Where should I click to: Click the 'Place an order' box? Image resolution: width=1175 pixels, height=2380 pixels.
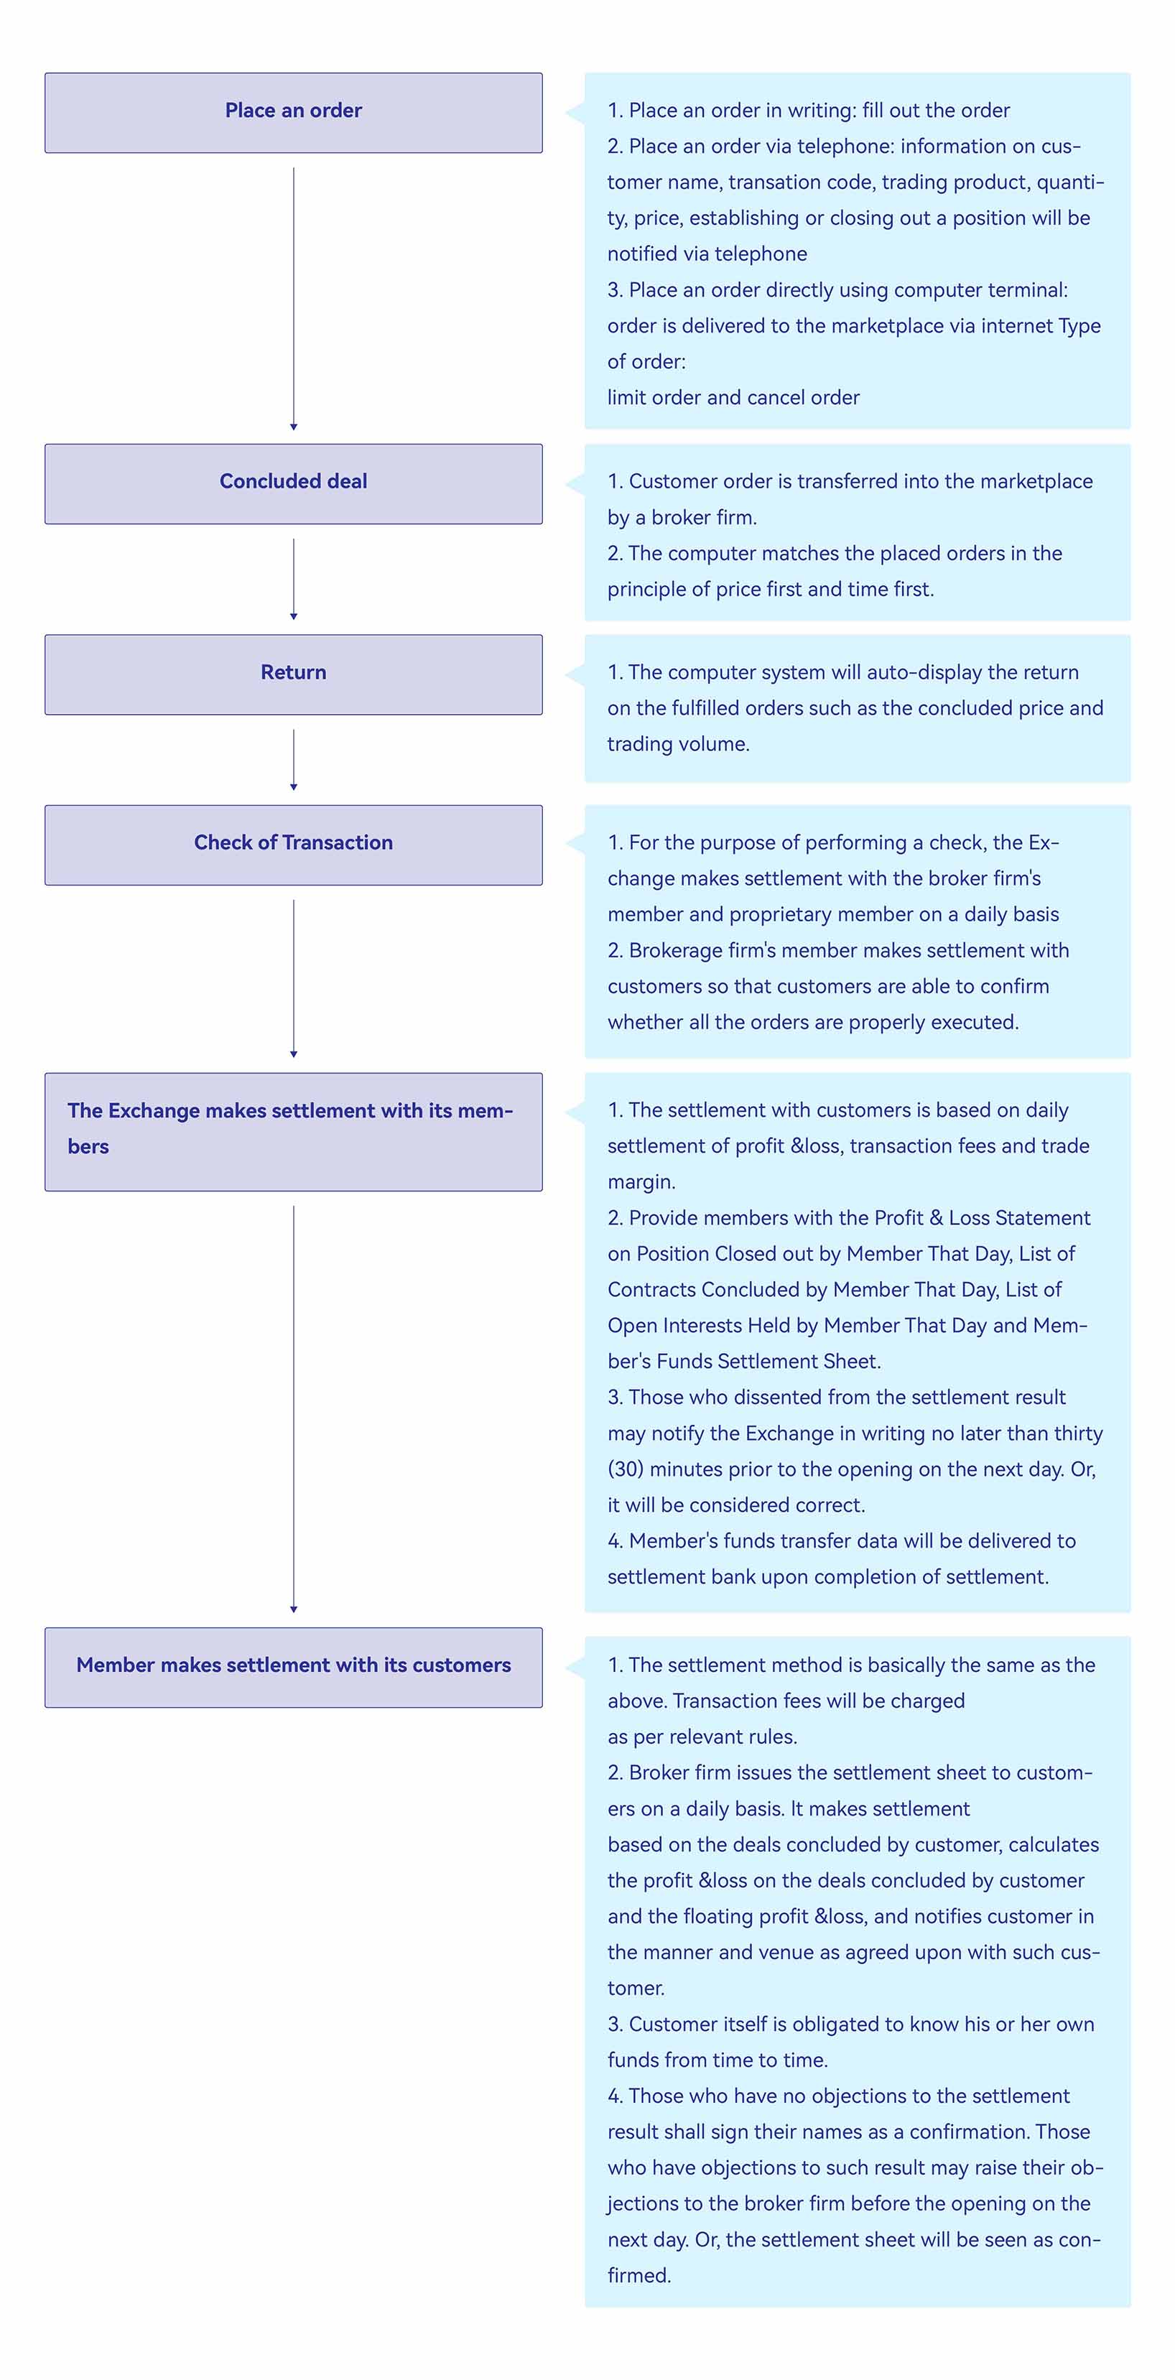click(293, 113)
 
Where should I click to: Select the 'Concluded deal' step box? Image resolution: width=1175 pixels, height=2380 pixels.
click(293, 484)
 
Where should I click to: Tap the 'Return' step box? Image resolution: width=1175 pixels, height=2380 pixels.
click(293, 674)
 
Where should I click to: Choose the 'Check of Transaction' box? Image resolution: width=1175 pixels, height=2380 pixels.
click(293, 845)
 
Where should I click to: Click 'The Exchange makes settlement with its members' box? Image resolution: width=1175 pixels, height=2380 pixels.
click(293, 1132)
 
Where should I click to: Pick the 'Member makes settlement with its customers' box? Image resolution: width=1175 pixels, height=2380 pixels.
click(293, 1668)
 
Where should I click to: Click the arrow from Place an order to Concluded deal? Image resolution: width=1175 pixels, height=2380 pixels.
click(294, 299)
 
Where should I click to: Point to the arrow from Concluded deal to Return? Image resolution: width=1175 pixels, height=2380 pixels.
click(294, 580)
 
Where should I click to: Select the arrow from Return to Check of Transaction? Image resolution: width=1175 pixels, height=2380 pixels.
click(294, 761)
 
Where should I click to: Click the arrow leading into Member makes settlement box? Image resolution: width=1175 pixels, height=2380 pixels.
click(294, 1410)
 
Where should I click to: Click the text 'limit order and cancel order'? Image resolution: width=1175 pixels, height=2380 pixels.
click(733, 398)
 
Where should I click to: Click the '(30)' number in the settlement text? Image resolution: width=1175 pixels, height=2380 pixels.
click(626, 1470)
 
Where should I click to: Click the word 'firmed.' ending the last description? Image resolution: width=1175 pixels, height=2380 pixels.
click(639, 2277)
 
